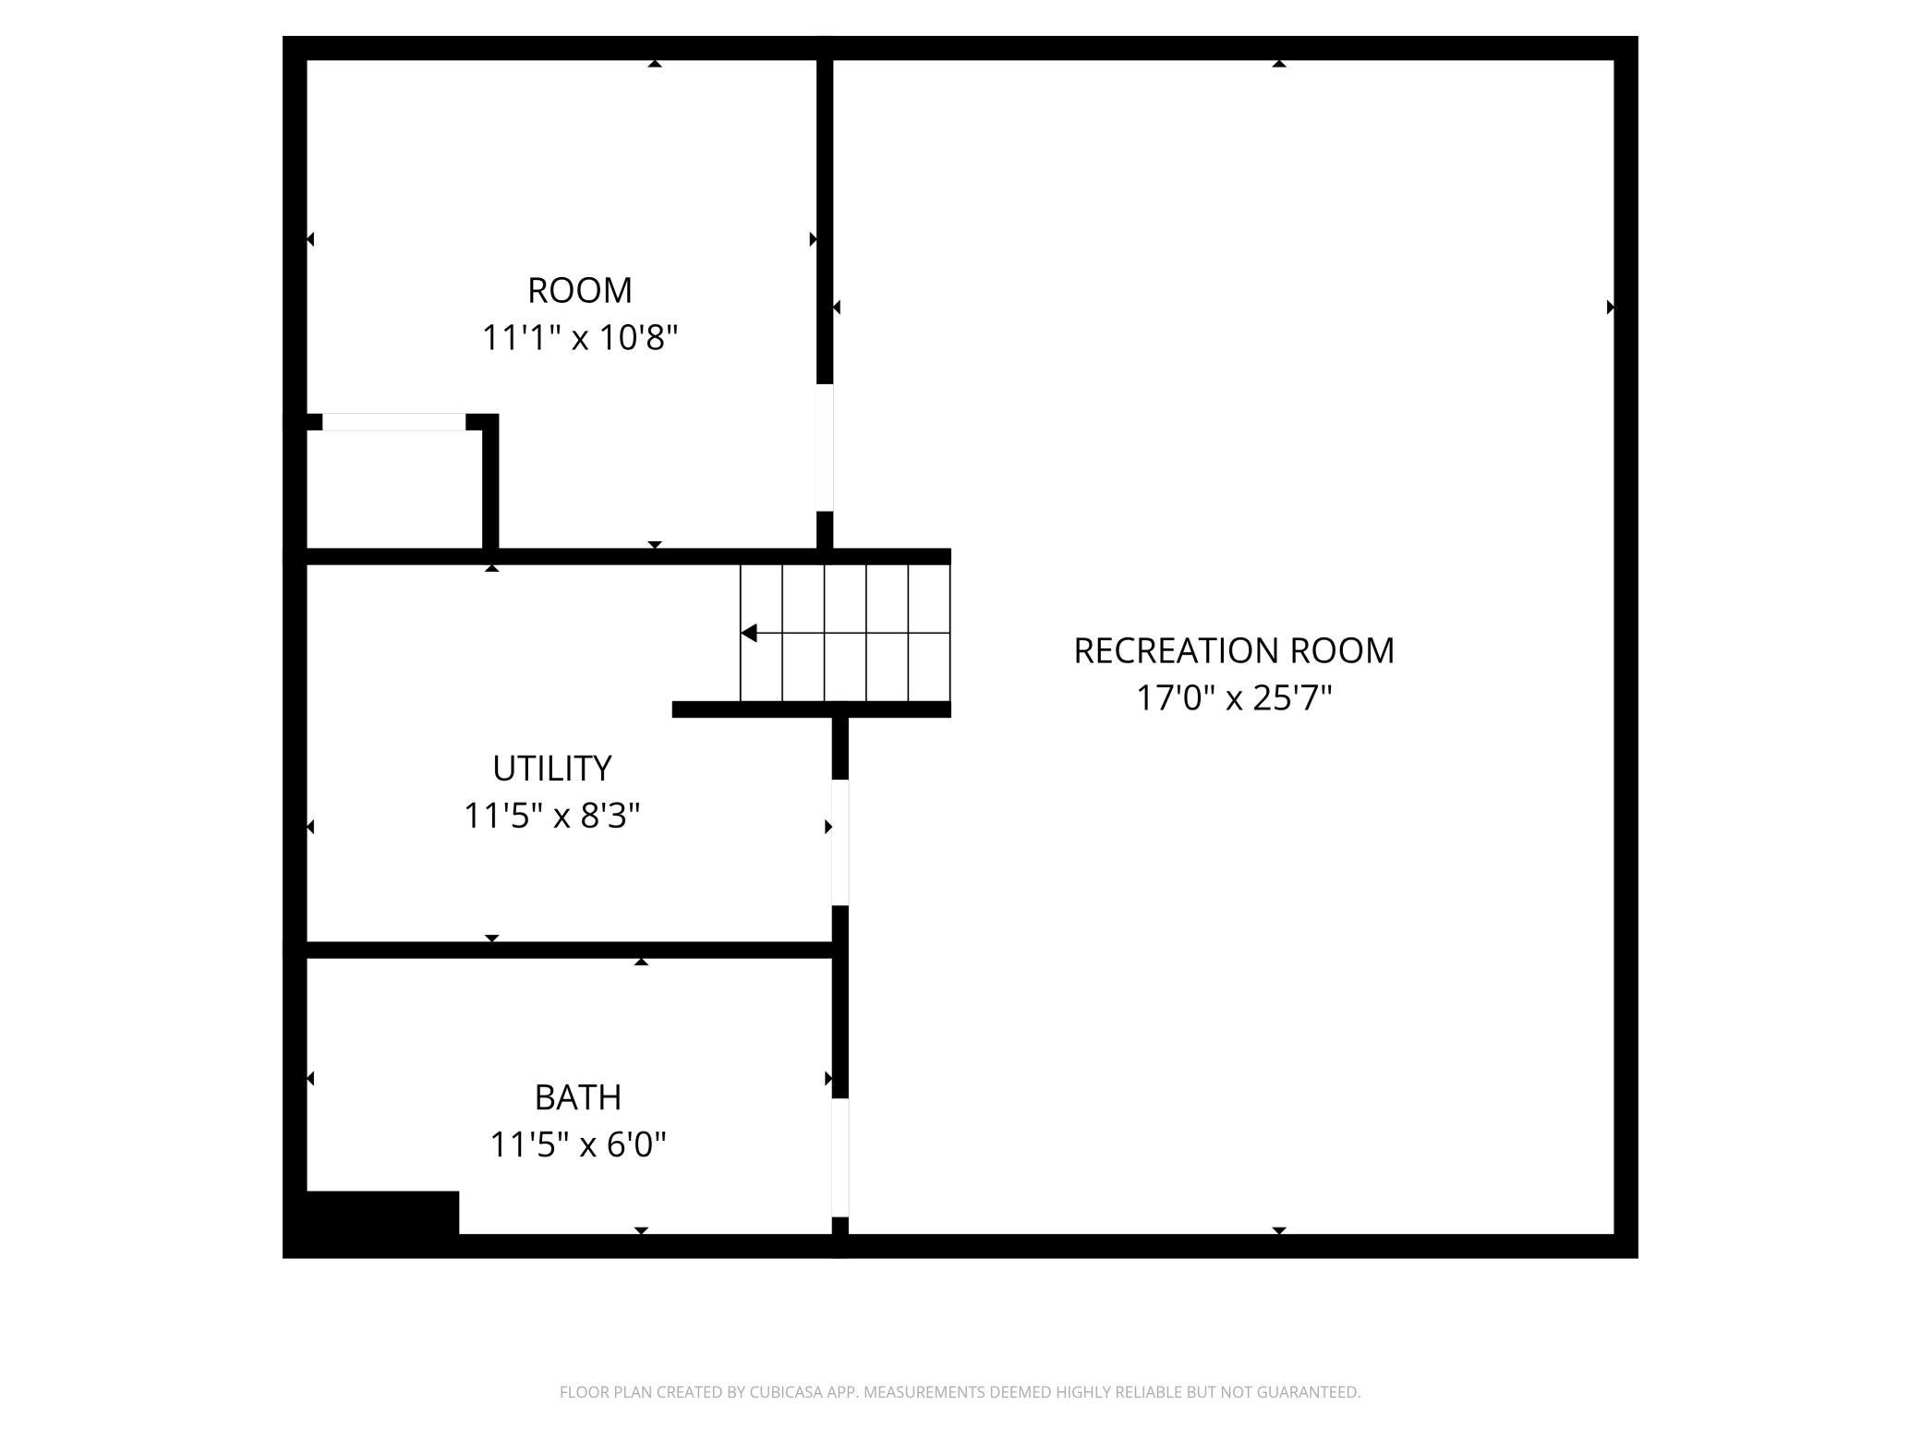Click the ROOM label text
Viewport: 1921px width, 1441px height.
tap(580, 290)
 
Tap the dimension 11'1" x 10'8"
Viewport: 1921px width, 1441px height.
tap(580, 338)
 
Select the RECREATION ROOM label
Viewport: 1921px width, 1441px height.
tap(1234, 650)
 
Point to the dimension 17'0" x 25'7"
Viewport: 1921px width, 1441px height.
tap(1234, 698)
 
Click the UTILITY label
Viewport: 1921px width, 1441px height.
tap(552, 769)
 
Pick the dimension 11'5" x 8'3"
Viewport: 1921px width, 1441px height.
tap(552, 817)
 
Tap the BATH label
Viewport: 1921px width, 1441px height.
tap(578, 1097)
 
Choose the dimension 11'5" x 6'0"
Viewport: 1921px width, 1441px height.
tap(578, 1145)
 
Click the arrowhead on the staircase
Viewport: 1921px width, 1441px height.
tap(749, 633)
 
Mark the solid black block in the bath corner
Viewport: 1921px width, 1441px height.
tap(382, 1213)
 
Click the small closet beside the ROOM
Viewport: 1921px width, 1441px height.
tap(394, 490)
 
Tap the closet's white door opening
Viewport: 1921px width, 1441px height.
tap(394, 422)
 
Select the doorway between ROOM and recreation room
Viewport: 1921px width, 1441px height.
tap(825, 447)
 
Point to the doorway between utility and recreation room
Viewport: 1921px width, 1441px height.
tap(840, 842)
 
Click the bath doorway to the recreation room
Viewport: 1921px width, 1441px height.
tap(840, 1158)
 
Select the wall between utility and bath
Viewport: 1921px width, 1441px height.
tap(570, 950)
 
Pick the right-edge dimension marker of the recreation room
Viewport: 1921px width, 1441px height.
tap(1611, 307)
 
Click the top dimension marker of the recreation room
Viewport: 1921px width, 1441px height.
tap(1279, 64)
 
